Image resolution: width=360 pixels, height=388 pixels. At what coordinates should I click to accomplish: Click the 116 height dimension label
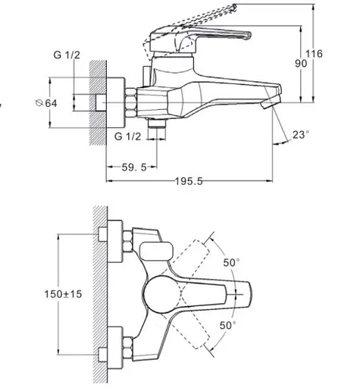coord(314,54)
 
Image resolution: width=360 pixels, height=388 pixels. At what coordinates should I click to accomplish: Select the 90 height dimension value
coord(301,64)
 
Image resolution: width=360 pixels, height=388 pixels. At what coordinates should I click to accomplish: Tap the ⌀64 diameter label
coord(46,103)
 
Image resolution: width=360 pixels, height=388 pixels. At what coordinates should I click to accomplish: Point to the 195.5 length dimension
coord(189,181)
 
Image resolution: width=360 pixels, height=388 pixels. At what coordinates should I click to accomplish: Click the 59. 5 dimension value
coord(134,167)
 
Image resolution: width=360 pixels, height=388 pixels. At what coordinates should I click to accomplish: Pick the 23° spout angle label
coord(301,135)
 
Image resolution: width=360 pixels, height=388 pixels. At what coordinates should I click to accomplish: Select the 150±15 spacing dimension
coord(63,294)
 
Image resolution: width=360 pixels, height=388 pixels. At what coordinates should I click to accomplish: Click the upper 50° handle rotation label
coord(231,262)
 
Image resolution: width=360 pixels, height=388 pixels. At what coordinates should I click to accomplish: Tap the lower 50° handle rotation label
coord(227,325)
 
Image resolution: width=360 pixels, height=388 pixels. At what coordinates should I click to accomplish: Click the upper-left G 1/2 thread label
coord(67,55)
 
